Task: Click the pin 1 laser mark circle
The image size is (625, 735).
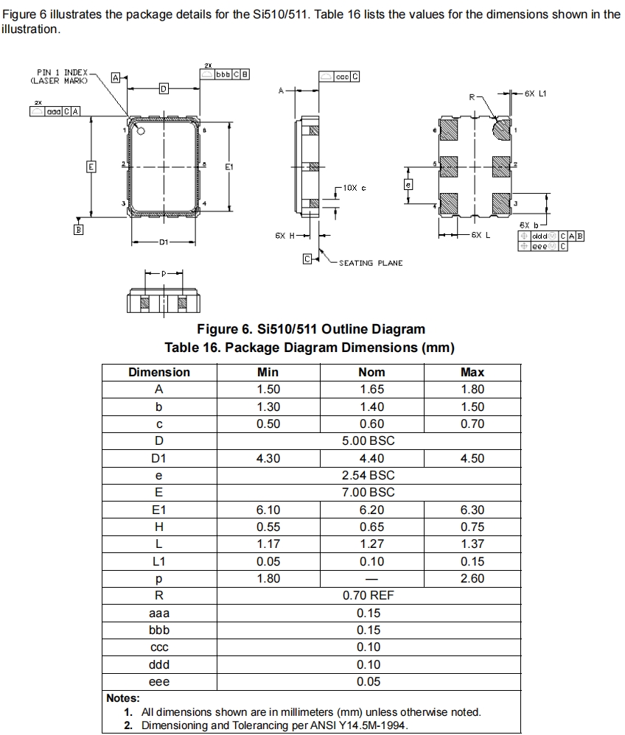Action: [142, 131]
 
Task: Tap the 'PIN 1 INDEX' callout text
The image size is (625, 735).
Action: [62, 72]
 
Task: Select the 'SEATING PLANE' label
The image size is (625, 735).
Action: [371, 263]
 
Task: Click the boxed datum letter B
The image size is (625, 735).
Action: [77, 230]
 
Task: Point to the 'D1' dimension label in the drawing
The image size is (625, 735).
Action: [163, 242]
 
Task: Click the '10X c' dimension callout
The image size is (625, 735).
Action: [355, 188]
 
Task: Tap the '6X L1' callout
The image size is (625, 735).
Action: [535, 94]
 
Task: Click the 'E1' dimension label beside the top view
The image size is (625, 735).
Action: [229, 166]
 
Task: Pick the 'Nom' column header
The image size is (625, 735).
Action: [371, 372]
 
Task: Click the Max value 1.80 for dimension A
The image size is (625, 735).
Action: [472, 390]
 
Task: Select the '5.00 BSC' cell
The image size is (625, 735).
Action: [369, 440]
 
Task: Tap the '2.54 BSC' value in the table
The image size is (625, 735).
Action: [369, 475]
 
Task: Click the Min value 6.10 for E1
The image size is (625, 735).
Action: [268, 510]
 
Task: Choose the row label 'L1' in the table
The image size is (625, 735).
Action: [159, 561]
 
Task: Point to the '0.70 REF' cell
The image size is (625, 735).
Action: [369, 595]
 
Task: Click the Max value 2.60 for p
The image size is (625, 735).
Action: [472, 578]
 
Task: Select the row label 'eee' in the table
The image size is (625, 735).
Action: [159, 681]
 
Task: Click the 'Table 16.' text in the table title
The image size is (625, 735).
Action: [192, 348]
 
